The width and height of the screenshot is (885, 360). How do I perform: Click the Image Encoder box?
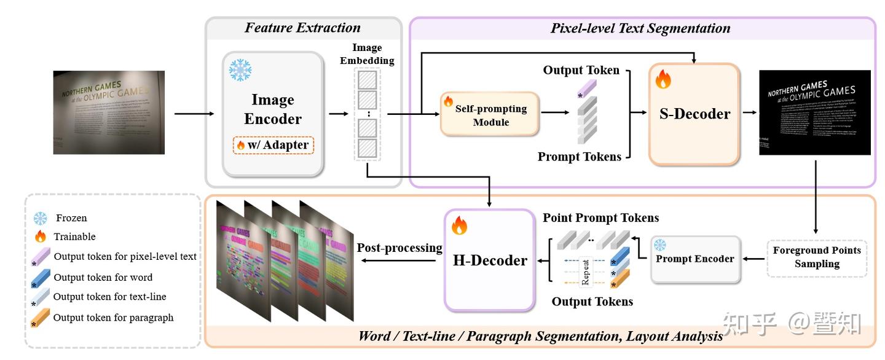[x=273, y=114]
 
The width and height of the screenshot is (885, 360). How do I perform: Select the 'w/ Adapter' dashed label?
[x=273, y=146]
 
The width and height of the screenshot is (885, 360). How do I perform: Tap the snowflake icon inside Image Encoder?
[x=240, y=70]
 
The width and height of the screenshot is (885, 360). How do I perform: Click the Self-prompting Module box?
[x=489, y=114]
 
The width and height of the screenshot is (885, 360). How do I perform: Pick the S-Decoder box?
[x=694, y=114]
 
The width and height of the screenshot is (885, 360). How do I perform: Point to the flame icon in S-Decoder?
[x=663, y=79]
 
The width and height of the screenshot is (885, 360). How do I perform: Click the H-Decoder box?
[x=489, y=260]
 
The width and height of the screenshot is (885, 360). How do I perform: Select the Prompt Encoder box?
[x=694, y=259]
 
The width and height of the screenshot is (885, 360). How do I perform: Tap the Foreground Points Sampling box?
[x=817, y=257]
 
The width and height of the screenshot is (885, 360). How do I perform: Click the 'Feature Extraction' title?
[x=302, y=28]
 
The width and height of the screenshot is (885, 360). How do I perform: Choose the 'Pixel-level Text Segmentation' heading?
[x=640, y=28]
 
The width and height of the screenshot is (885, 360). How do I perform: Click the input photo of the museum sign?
[x=109, y=112]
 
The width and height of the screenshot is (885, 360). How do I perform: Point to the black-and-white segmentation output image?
[x=815, y=112]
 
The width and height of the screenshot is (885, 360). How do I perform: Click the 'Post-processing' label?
[x=399, y=248]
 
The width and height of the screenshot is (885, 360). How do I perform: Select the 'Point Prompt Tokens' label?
[x=600, y=218]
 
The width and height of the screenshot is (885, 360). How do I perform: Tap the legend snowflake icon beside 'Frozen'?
[x=40, y=218]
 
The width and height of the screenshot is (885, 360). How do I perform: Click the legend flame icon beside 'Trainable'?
[x=40, y=237]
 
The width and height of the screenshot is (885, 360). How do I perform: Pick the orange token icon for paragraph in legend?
[x=40, y=318]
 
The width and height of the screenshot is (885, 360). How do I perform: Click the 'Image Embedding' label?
[x=367, y=54]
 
